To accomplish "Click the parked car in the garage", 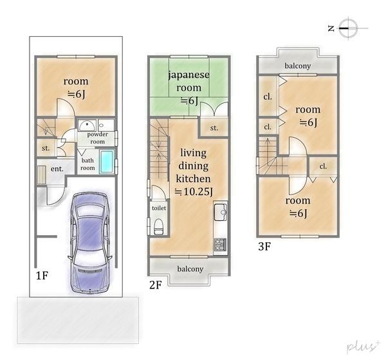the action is [x=90, y=242].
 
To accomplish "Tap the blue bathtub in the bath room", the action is [x=107, y=162].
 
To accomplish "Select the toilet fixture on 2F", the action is [x=158, y=227].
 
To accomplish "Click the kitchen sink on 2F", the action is [x=220, y=212].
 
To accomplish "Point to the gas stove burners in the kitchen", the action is [x=220, y=245].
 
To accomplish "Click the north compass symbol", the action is [x=347, y=28].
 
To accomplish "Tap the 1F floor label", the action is [x=42, y=275].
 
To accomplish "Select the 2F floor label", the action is [x=156, y=285].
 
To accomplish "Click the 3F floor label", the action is [x=264, y=246].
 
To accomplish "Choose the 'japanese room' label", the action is [x=188, y=81].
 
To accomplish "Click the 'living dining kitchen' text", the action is [x=193, y=166].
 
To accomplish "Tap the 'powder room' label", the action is [x=98, y=138].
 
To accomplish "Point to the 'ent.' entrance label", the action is [x=57, y=169].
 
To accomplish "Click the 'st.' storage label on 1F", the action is [x=46, y=148].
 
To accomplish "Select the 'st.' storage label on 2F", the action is [x=214, y=128].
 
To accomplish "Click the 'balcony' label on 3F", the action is [x=298, y=66].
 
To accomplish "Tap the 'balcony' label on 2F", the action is [x=190, y=269].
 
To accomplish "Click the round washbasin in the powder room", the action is [x=87, y=125].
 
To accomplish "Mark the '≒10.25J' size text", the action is [x=194, y=191].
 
